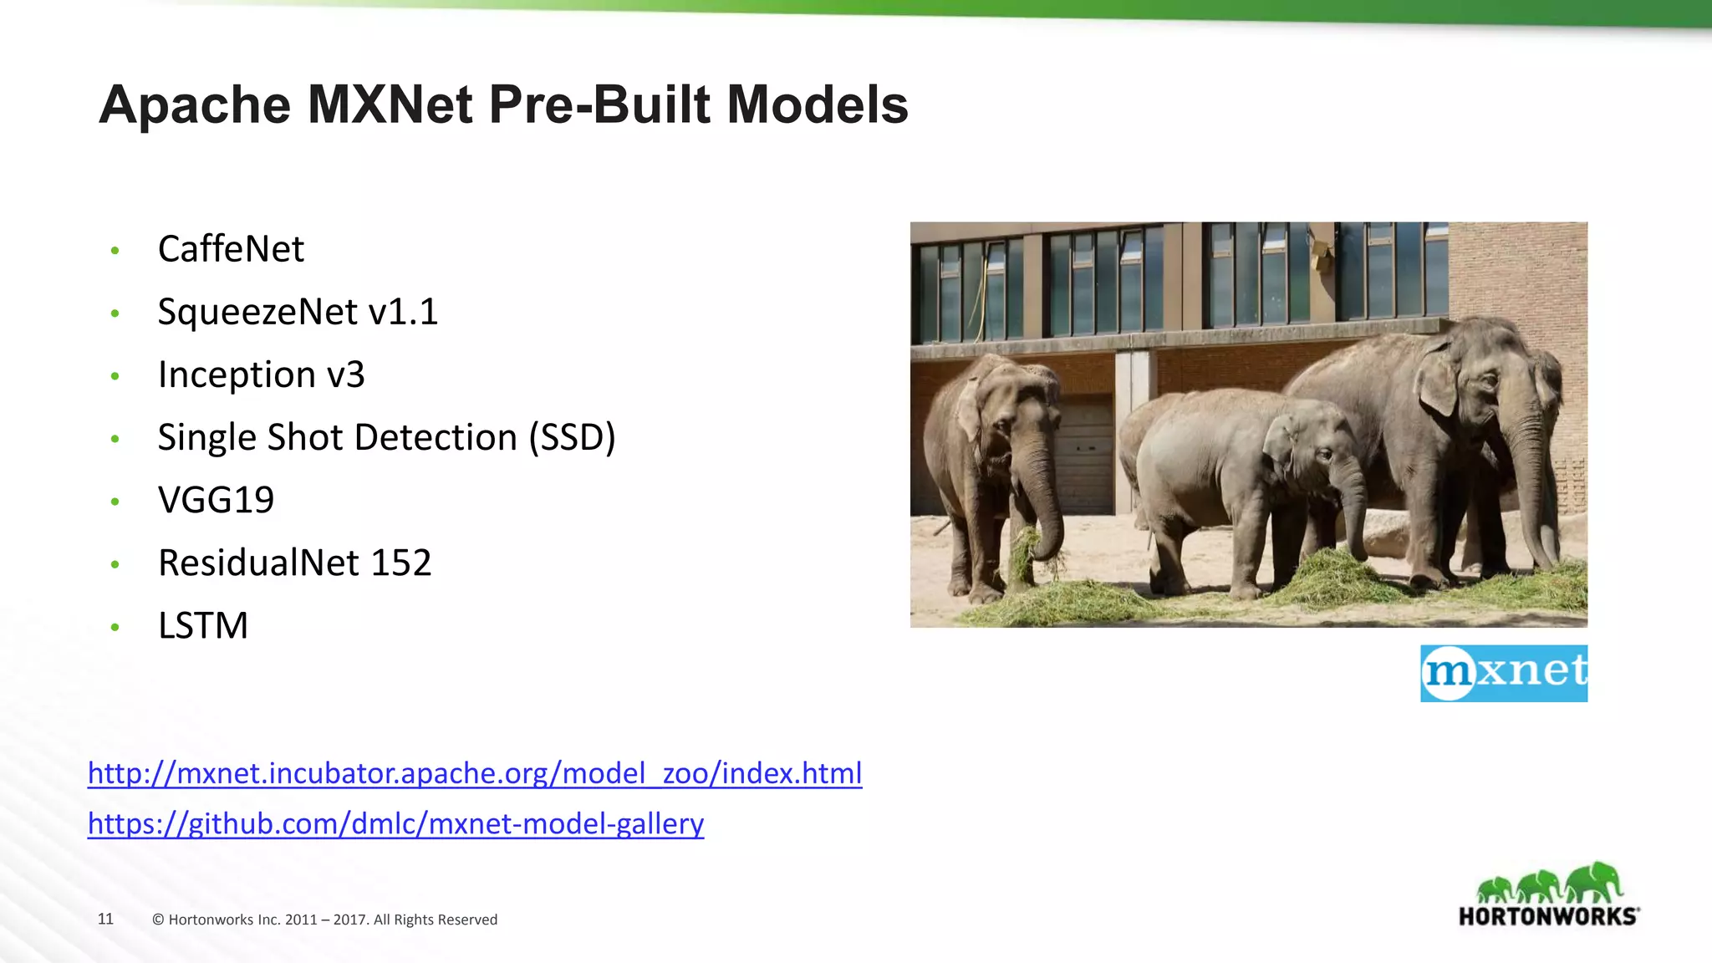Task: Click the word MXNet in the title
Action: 390,104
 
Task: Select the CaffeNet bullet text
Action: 231,249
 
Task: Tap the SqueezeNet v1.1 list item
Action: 298,312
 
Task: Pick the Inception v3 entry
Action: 261,374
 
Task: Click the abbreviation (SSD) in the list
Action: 573,437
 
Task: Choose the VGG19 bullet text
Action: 216,500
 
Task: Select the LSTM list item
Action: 203,625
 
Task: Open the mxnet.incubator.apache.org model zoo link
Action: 475,773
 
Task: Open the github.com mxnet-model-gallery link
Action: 395,824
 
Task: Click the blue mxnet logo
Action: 1503,673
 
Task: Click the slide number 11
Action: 105,919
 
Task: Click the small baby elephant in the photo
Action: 1254,485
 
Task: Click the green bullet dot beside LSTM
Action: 115,627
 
